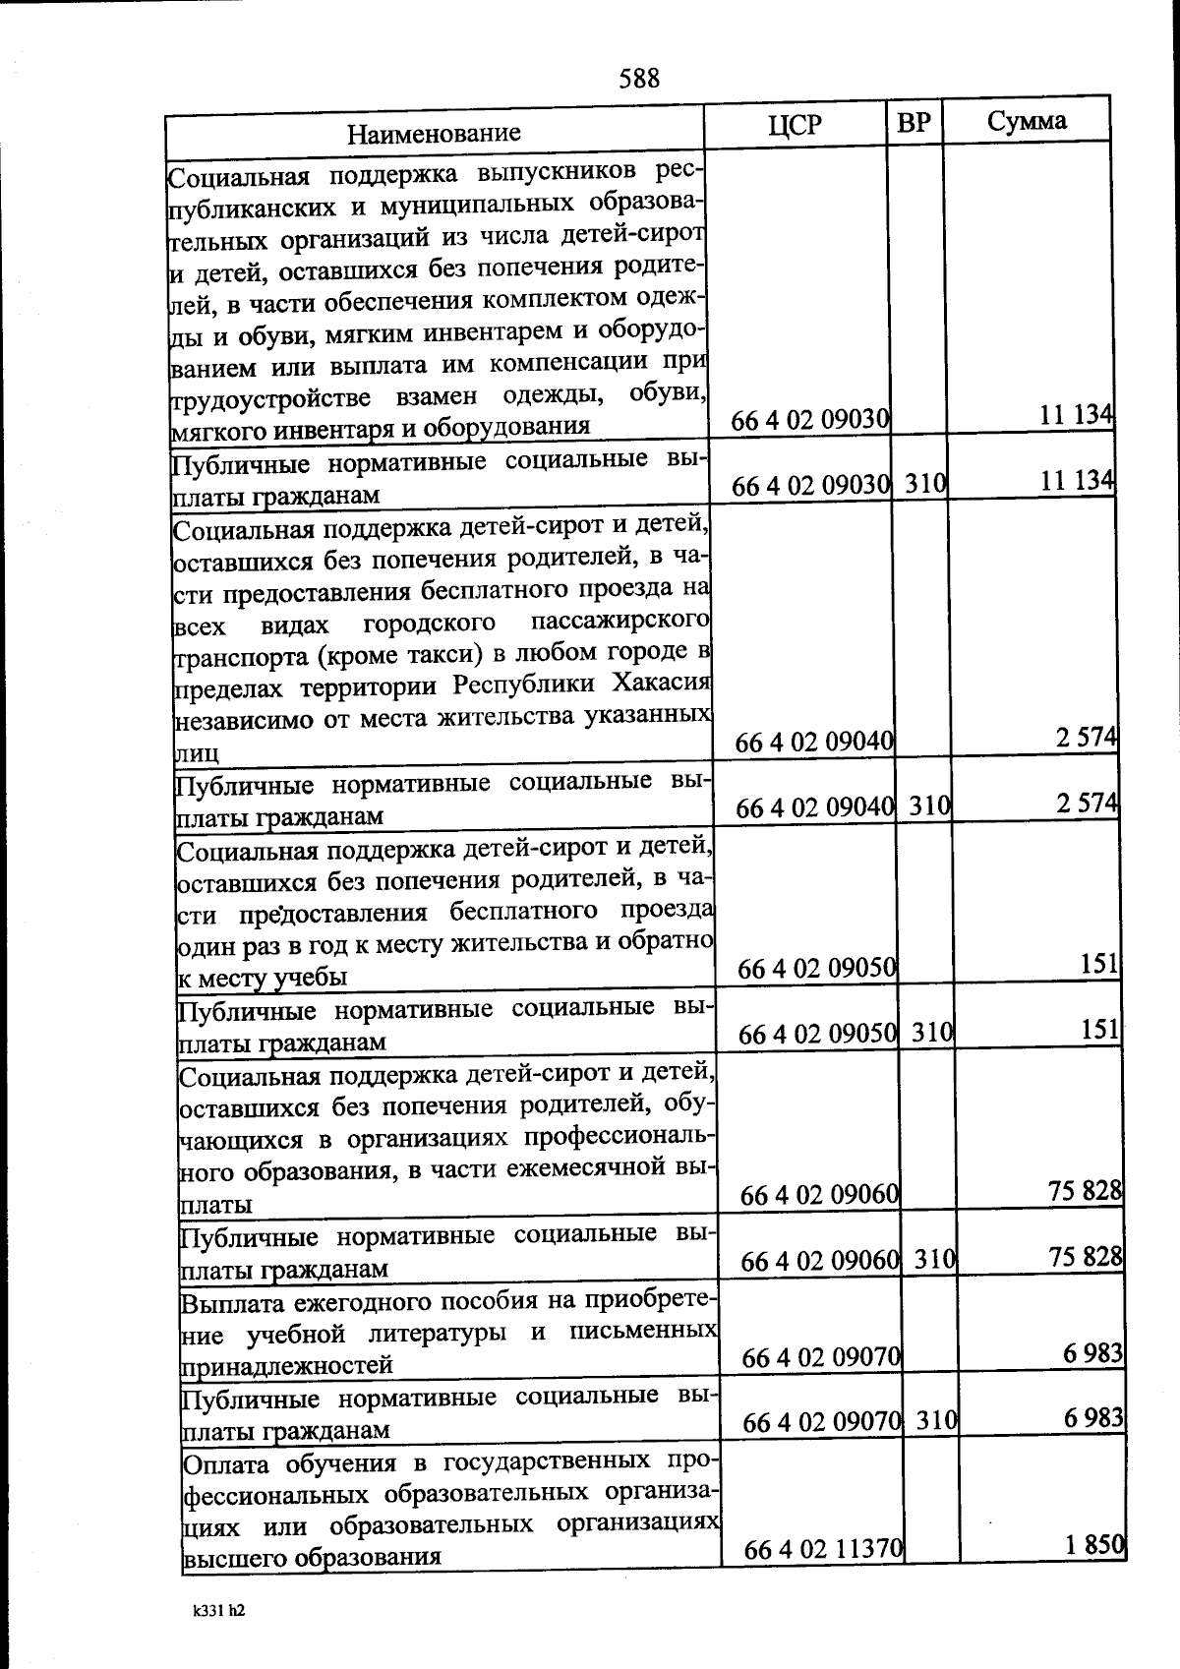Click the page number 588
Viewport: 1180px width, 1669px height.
(639, 78)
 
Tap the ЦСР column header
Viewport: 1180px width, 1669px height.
(795, 125)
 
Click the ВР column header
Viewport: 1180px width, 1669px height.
(914, 123)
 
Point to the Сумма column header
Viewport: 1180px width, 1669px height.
(1027, 121)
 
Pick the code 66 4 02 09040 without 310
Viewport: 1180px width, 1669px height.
(814, 743)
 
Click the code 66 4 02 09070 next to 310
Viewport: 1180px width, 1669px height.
(822, 1422)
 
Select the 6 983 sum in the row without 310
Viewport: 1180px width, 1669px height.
(1092, 1353)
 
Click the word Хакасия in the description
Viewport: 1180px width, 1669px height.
(662, 685)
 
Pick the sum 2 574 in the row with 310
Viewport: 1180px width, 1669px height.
(1088, 804)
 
